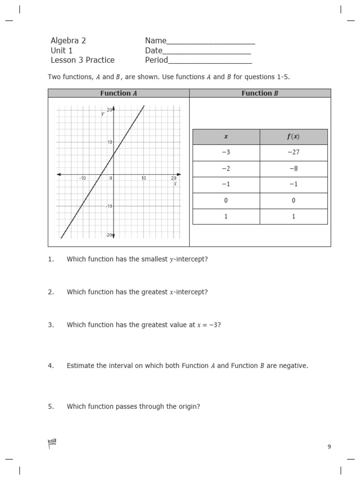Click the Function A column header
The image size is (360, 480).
click(x=119, y=93)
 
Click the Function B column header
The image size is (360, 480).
click(x=260, y=93)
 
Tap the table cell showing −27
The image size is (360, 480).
click(x=293, y=153)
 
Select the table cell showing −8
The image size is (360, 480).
click(x=293, y=169)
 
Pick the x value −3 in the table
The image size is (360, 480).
click(x=226, y=153)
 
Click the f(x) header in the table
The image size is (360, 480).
click(x=293, y=137)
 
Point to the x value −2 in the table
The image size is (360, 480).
click(x=226, y=169)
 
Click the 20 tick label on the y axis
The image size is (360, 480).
click(x=109, y=110)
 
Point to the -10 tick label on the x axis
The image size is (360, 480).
click(x=82, y=178)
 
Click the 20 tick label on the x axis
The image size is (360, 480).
click(x=173, y=178)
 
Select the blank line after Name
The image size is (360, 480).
click(x=211, y=41)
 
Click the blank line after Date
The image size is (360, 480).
click(x=207, y=51)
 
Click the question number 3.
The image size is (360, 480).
click(x=51, y=325)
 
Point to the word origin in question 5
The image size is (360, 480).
click(x=189, y=406)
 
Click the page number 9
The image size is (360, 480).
click(x=329, y=447)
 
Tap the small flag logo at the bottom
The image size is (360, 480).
click(x=52, y=443)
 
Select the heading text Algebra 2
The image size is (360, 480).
click(x=68, y=41)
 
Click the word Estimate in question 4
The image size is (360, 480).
click(x=81, y=366)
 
